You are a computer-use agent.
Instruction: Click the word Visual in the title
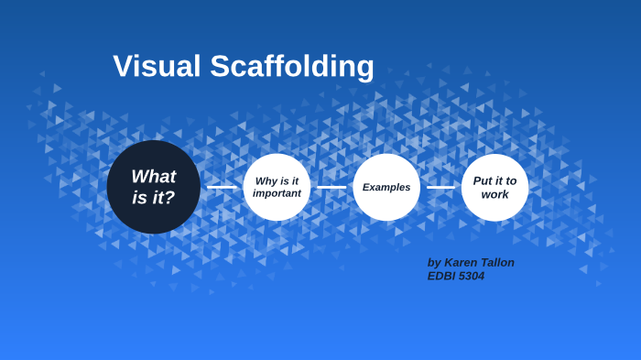[158, 67]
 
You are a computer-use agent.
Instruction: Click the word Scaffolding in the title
[292, 67]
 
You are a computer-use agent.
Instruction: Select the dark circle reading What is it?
[153, 187]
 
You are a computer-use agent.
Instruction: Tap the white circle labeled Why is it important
[277, 187]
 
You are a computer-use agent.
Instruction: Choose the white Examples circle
[386, 187]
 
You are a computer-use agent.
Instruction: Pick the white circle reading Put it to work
[494, 187]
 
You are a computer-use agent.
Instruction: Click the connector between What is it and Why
[222, 187]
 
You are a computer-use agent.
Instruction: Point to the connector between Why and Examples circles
[331, 187]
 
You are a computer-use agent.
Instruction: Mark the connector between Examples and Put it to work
[440, 187]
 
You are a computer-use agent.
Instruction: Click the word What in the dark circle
[153, 177]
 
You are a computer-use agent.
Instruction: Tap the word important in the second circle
[277, 193]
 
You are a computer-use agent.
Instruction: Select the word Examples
[386, 187]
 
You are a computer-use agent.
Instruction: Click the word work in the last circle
[494, 194]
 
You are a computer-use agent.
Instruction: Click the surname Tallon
[498, 263]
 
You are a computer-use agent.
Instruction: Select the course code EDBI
[442, 276]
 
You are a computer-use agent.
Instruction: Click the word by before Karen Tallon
[434, 263]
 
